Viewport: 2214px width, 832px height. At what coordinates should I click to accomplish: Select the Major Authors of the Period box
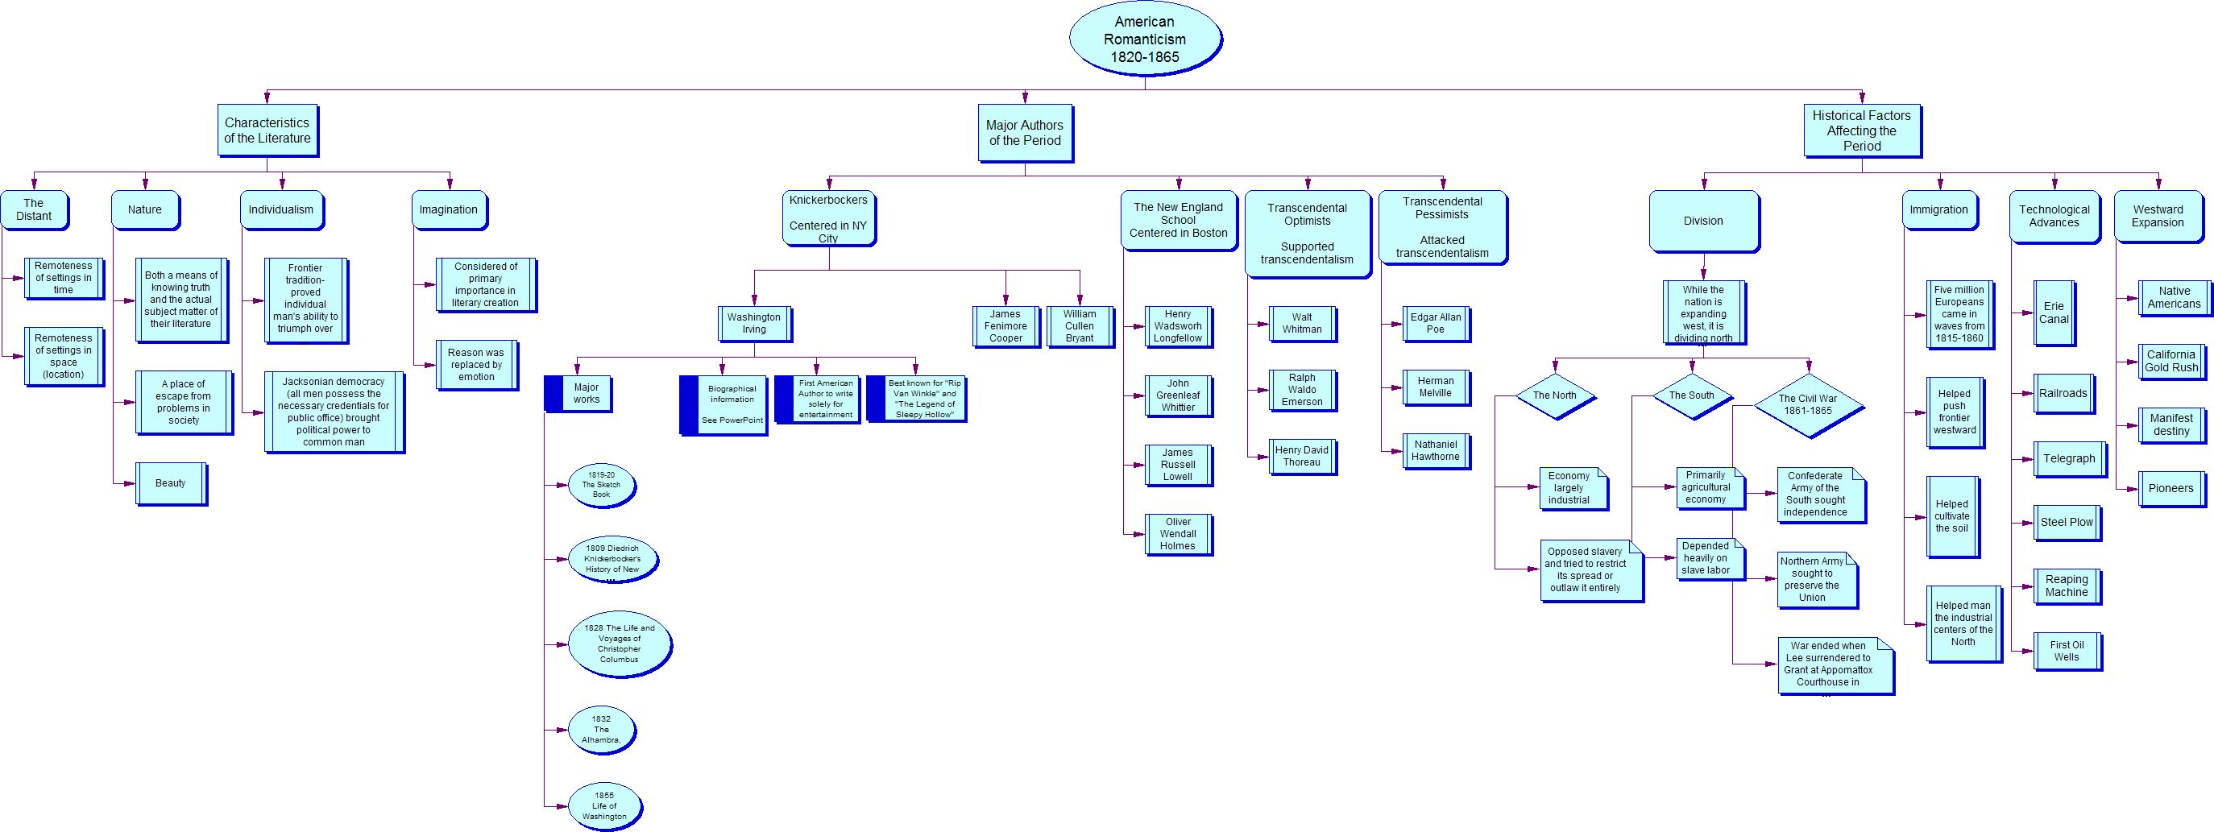1025,132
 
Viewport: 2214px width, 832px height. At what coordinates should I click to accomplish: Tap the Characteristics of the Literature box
267,130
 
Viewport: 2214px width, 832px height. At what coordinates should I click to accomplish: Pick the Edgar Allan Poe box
1436,323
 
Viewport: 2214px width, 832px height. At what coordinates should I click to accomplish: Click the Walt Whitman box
1301,323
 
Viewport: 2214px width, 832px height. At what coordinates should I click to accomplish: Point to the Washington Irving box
754,323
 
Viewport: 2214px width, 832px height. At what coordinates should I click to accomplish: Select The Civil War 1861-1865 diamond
1807,405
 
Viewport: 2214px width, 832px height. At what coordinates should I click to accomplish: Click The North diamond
1554,395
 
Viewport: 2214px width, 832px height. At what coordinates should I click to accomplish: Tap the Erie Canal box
2054,313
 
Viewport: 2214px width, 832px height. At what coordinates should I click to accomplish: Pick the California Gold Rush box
2171,361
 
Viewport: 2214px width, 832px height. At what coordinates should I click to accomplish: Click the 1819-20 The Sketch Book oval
602,485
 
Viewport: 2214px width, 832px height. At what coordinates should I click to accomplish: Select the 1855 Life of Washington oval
604,806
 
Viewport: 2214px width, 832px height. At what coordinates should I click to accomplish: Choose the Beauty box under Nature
171,483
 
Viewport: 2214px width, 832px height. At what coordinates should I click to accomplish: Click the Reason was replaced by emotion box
476,364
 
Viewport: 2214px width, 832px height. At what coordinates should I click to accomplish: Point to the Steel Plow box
2067,522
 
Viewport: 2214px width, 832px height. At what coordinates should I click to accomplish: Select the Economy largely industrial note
1572,488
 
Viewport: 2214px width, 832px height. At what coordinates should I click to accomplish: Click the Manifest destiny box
2171,424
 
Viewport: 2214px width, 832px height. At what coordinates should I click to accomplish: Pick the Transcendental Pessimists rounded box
1442,227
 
